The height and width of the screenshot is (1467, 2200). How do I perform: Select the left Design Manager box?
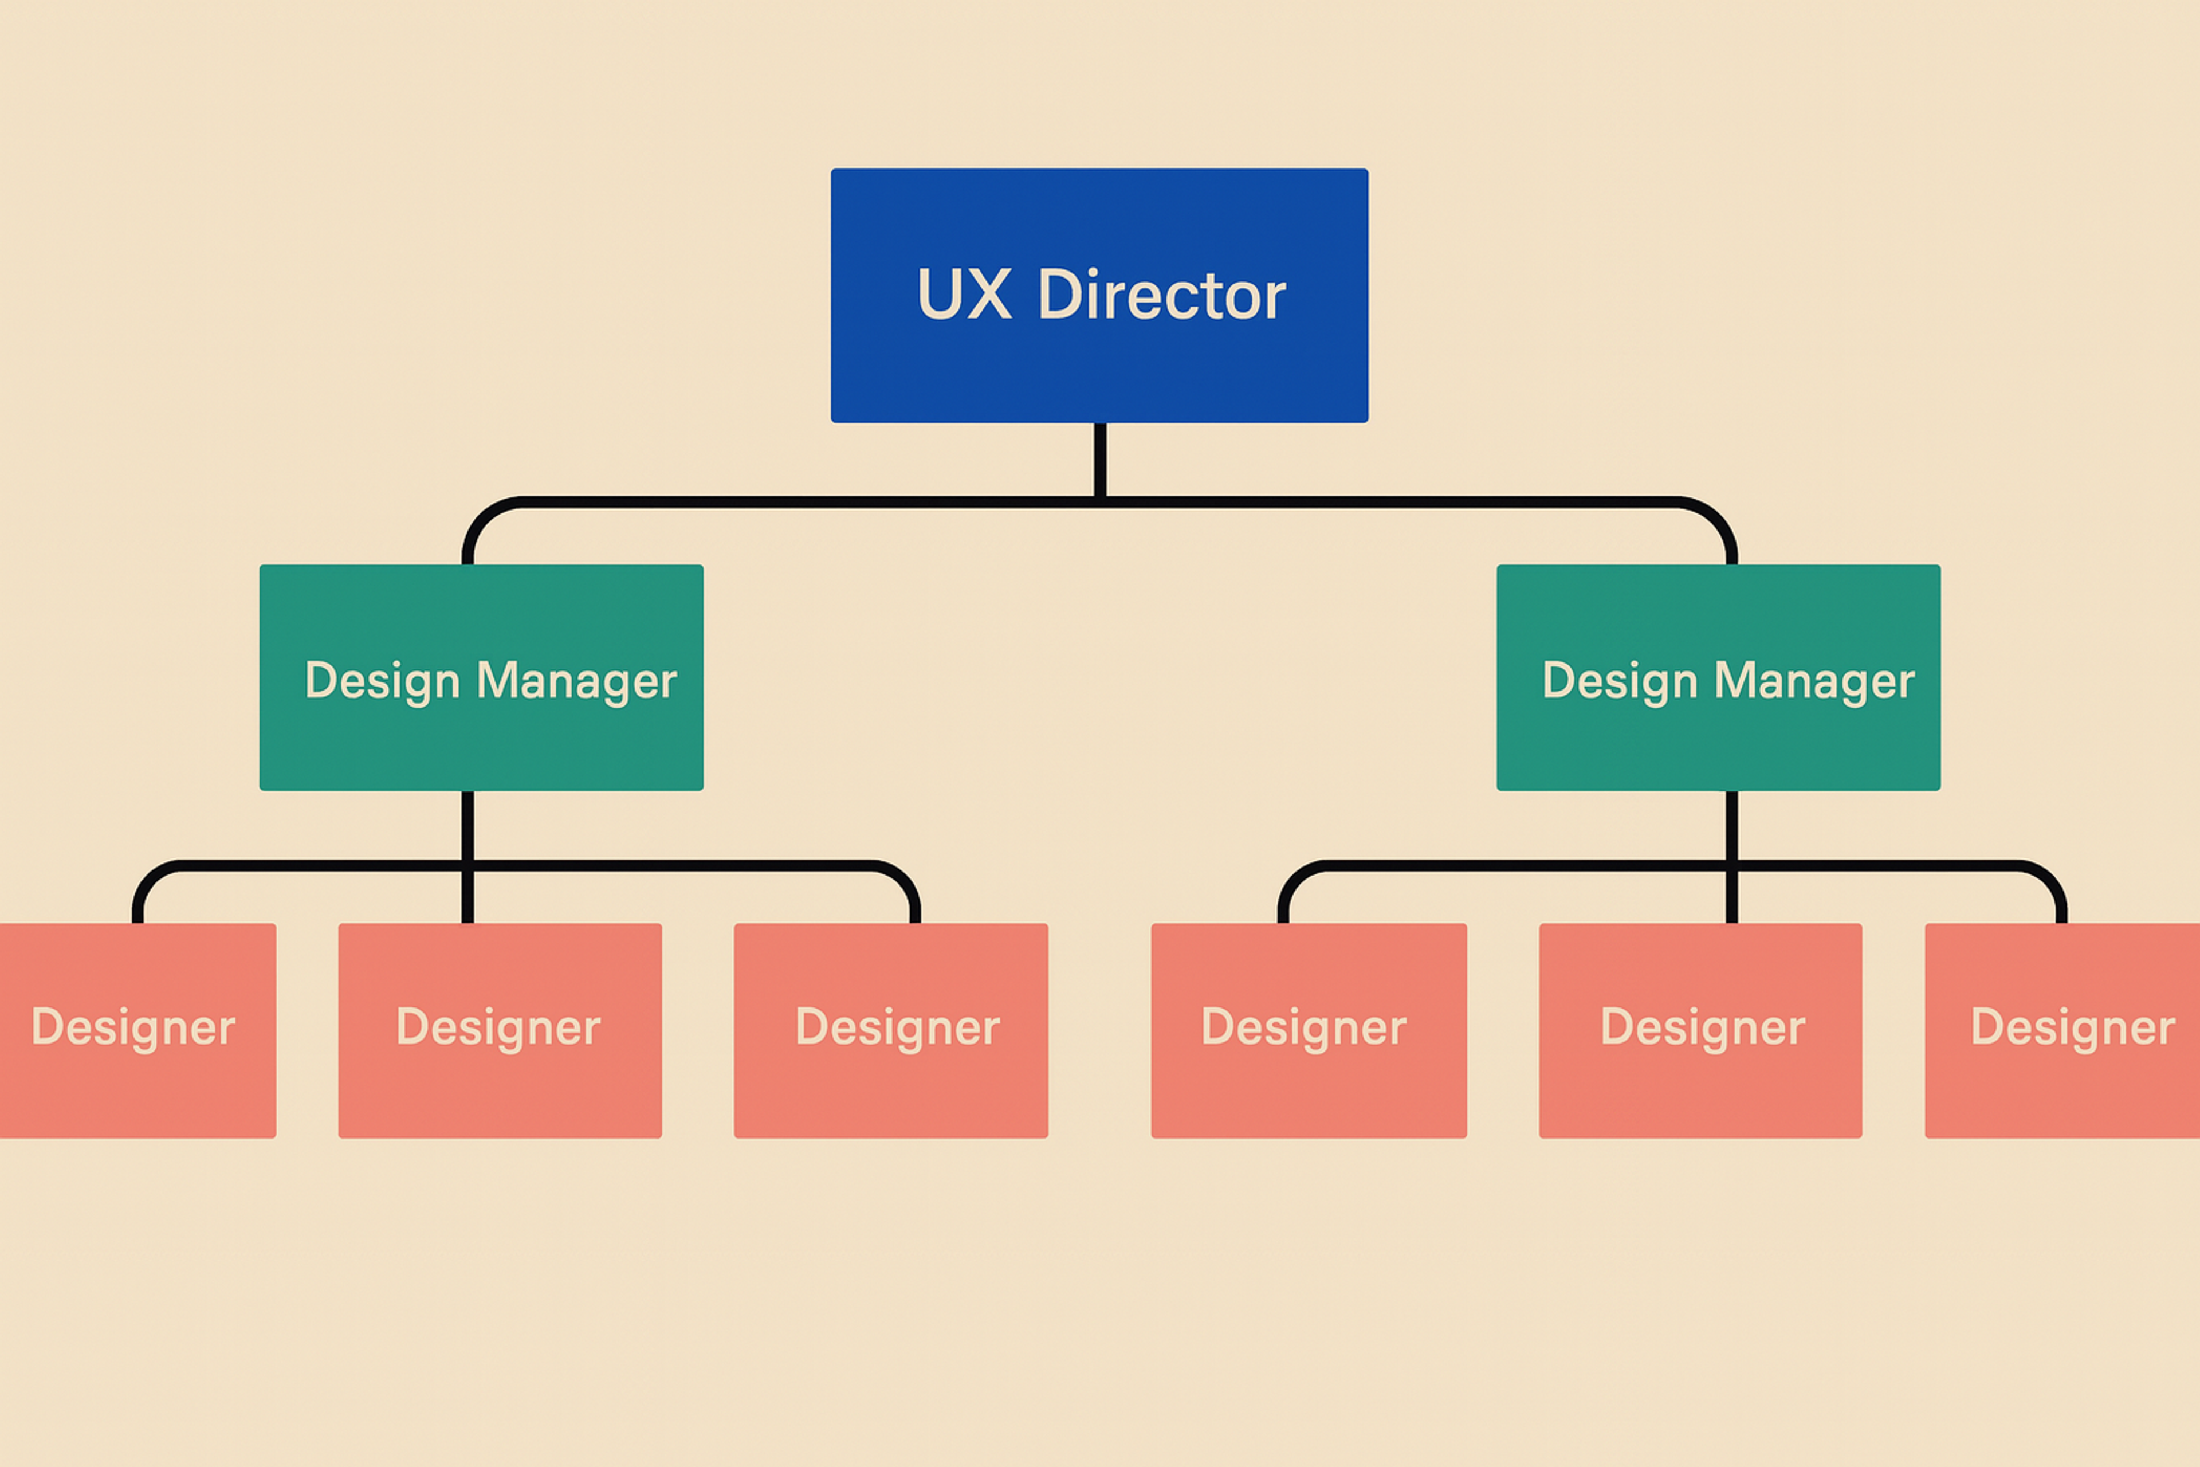(481, 739)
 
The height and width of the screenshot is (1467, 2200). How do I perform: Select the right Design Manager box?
(1718, 739)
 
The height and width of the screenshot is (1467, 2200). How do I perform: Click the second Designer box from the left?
(500, 1085)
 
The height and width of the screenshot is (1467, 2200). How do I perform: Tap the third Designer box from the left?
(890, 1085)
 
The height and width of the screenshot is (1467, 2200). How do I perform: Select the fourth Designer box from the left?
(1309, 1085)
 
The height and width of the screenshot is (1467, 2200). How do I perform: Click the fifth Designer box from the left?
(1700, 1085)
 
